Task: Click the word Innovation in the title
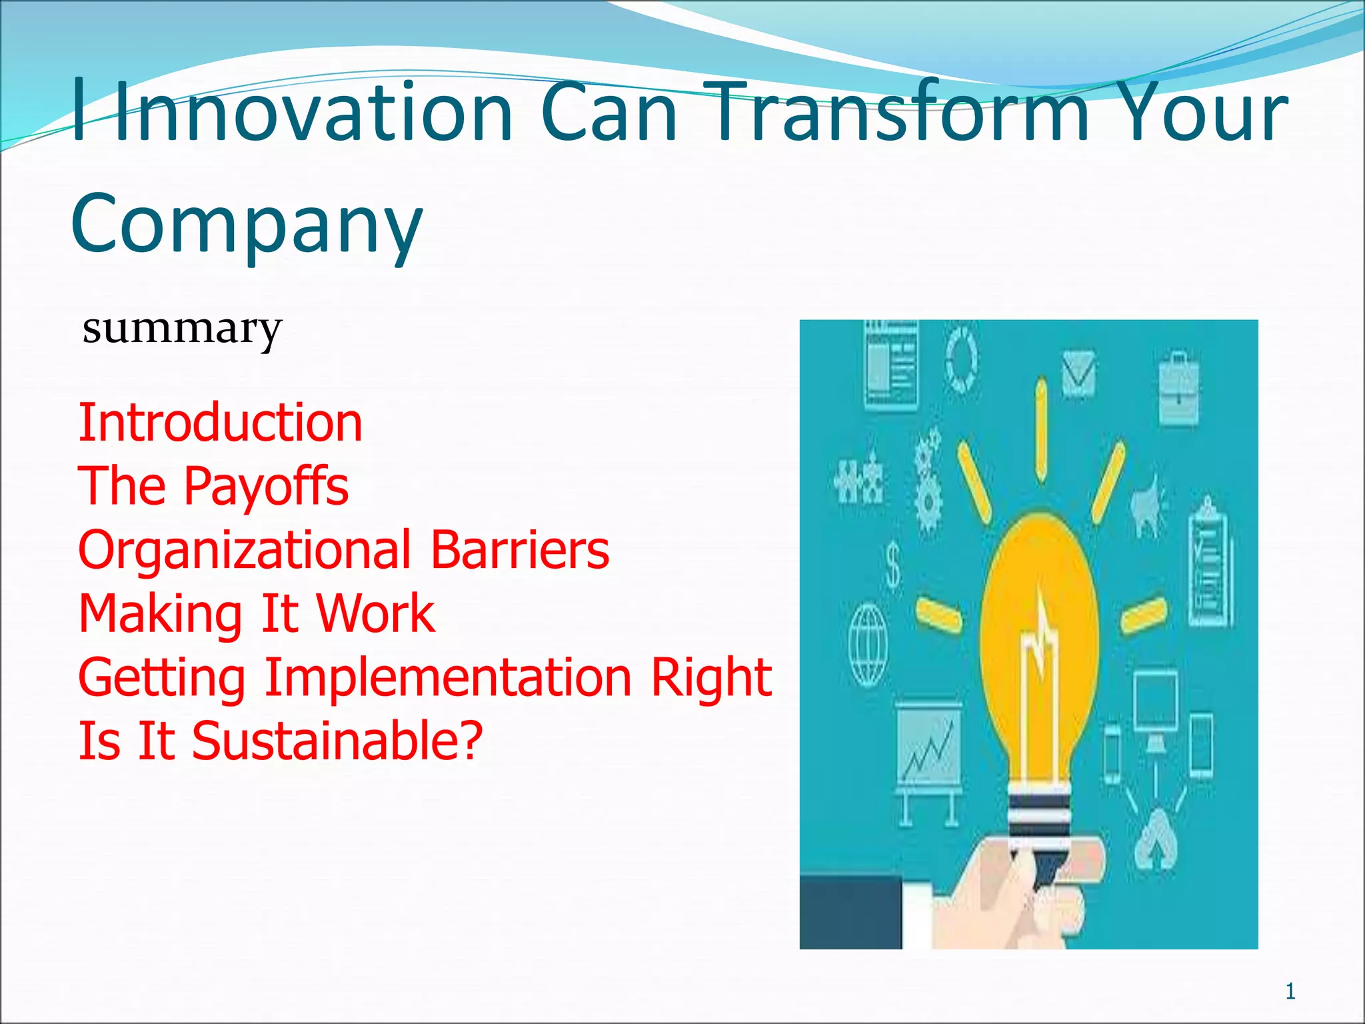click(313, 112)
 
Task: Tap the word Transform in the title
click(893, 112)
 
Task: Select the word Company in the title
click(247, 223)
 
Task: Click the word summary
click(182, 329)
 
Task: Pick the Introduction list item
click(220, 423)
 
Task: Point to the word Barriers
click(520, 550)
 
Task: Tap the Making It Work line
click(257, 613)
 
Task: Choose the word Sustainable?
click(337, 741)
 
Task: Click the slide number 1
click(1290, 991)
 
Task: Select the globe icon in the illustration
click(868, 644)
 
